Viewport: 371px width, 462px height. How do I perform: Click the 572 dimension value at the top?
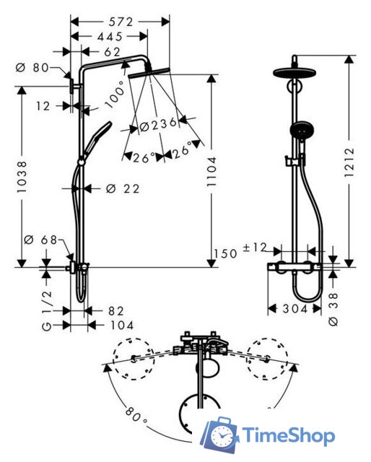coord(121,22)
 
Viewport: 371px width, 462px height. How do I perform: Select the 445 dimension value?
coord(110,37)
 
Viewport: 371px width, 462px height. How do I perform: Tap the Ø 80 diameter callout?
coord(32,67)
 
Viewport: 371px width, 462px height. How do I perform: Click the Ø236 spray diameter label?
coord(158,125)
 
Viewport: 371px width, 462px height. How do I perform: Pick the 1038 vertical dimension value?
coord(22,177)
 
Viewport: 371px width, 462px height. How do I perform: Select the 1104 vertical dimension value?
coord(211,172)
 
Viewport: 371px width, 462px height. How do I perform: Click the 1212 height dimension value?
coord(349,162)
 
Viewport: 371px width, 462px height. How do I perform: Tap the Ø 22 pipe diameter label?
coord(123,188)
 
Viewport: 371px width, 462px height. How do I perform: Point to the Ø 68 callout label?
coord(40,240)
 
